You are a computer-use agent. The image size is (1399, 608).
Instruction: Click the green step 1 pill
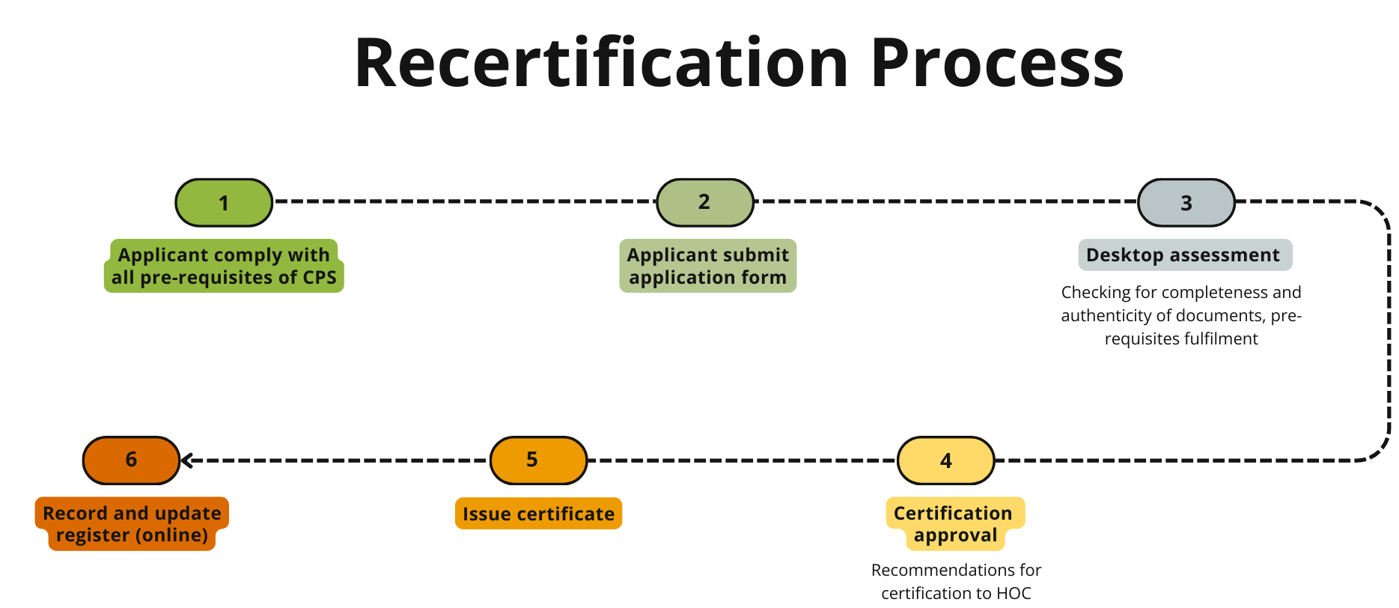(224, 202)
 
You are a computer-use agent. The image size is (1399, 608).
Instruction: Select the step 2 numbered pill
(704, 202)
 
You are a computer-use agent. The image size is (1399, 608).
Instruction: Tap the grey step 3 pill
(1186, 202)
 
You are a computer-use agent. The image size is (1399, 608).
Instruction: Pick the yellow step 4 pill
(945, 460)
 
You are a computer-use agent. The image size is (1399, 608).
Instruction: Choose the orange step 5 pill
(538, 460)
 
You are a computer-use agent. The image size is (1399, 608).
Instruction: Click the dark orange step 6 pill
(131, 460)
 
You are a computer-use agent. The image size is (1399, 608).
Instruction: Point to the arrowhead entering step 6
(187, 460)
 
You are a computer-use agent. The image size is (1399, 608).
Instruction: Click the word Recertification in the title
(601, 63)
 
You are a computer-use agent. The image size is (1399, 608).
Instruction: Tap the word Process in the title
(996, 63)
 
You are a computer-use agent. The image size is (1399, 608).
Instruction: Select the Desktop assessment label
(1184, 255)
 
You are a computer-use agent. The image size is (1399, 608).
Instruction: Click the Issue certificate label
(538, 514)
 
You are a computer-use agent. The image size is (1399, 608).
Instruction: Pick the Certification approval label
(954, 524)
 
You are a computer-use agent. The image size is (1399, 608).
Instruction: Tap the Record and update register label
(132, 524)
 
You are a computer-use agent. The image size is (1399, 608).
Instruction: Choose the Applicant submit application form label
(707, 266)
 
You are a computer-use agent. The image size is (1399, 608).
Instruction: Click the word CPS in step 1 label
(320, 278)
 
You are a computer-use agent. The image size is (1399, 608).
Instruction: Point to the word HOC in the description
(1014, 593)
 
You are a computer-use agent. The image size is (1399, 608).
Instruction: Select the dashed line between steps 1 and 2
(464, 201)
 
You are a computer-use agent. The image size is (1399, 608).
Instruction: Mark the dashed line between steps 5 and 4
(741, 460)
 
